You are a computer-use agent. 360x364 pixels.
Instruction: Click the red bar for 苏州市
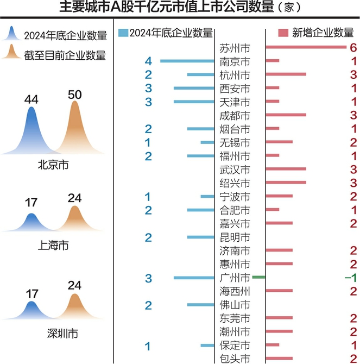306,47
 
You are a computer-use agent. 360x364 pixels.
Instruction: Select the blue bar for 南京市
187,61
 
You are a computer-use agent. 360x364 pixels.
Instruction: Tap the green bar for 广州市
258,277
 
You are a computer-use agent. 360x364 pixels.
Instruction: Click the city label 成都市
235,116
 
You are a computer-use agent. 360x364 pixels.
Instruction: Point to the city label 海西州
235,291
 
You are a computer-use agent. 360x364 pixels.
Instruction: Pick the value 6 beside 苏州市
353,48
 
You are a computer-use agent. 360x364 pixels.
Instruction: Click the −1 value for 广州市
351,278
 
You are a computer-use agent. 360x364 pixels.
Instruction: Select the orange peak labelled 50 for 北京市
75,127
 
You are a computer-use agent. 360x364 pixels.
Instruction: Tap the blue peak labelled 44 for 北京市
31,130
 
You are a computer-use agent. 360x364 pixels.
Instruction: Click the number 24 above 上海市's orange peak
75,198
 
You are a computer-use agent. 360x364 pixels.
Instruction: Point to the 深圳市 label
62,334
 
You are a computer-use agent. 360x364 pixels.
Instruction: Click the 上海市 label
53,246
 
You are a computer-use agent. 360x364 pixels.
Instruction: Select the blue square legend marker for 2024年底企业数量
123,33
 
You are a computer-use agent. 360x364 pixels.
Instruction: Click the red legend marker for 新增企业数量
283,33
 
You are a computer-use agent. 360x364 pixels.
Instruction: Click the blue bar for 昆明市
201,237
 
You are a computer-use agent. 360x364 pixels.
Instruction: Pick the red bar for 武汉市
286,169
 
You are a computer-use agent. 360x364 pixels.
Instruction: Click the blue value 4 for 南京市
148,61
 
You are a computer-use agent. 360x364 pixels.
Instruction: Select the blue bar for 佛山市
201,305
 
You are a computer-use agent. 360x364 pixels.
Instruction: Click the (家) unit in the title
289,7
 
